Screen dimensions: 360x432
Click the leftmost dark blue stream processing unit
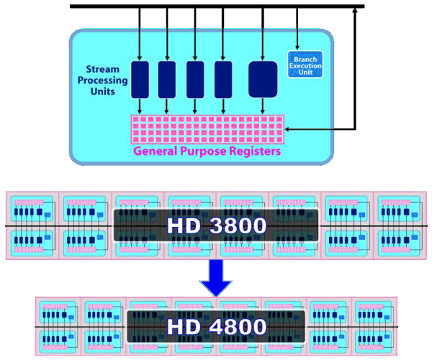(x=140, y=78)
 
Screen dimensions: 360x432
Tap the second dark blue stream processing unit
(x=167, y=78)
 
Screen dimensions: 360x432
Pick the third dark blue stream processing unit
(x=195, y=78)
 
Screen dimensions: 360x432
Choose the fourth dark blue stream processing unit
(x=223, y=78)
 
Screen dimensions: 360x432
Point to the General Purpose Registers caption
(x=207, y=152)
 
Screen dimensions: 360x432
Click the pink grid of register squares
(x=207, y=129)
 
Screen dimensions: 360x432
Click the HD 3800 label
(x=216, y=226)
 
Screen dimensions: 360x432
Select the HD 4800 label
(x=216, y=327)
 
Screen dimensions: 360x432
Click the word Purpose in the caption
(x=210, y=152)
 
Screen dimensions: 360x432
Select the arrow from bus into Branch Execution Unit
(x=297, y=29)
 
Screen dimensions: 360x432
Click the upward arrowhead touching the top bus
(x=355, y=12)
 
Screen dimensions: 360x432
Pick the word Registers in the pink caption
(x=253, y=152)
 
